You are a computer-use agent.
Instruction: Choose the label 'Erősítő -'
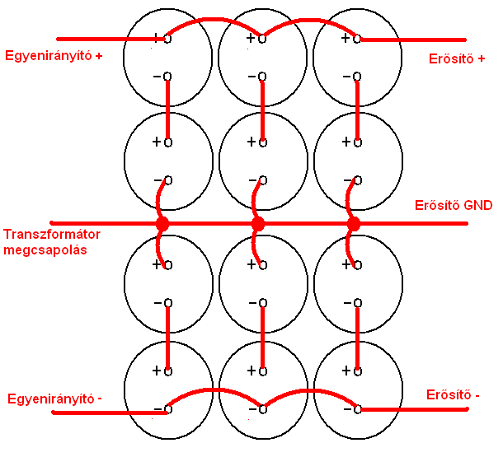[453, 394]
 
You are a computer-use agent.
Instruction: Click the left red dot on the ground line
[162, 224]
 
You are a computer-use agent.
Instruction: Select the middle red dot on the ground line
[258, 224]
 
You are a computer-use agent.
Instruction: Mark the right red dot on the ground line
[354, 224]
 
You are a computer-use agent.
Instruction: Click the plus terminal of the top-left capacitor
[167, 38]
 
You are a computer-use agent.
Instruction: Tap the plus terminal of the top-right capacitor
[356, 38]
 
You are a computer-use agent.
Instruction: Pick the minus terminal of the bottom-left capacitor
[167, 408]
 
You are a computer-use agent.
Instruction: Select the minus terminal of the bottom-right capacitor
[356, 408]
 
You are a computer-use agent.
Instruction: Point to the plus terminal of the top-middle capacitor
[261, 38]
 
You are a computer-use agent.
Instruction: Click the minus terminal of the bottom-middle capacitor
[261, 408]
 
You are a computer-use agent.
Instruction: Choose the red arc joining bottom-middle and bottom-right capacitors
[309, 390]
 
